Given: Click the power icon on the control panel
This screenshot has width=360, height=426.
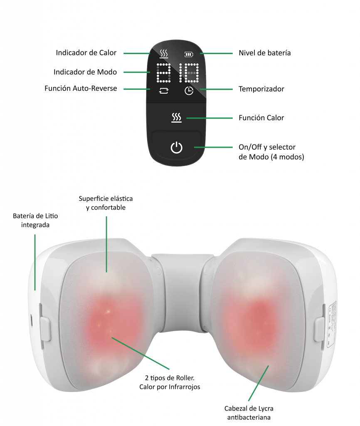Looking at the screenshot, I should (x=177, y=147).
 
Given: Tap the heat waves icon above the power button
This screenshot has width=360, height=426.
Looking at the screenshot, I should (x=177, y=118).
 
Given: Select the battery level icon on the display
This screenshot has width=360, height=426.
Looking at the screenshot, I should (x=189, y=54).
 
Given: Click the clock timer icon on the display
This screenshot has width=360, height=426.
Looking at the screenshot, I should (x=189, y=90).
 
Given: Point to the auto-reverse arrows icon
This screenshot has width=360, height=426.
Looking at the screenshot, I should (x=163, y=90).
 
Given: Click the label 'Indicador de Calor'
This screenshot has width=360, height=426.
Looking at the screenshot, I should (x=86, y=53).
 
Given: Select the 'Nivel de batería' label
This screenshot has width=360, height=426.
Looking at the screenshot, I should (x=264, y=53).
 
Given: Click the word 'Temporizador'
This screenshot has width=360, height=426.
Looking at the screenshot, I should (x=261, y=89).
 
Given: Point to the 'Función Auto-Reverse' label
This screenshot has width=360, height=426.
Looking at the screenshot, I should (x=81, y=88).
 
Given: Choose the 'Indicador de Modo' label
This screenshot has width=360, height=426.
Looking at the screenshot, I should (x=85, y=72).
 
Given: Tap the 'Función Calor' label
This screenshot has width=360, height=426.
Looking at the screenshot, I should (x=261, y=118).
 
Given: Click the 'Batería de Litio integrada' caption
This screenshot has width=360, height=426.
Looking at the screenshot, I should (x=35, y=220).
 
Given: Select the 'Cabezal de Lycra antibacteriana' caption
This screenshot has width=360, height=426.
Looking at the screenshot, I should (x=249, y=413).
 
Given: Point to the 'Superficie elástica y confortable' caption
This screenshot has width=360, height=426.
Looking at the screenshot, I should (x=106, y=203).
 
